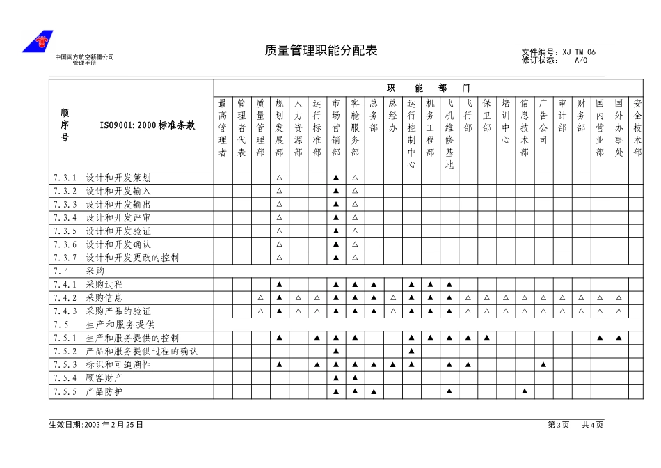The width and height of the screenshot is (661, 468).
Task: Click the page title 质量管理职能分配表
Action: click(321, 51)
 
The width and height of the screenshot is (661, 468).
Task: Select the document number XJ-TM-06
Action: click(579, 52)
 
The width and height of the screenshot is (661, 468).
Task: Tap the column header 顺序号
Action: click(65, 125)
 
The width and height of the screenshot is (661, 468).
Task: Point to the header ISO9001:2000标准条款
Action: click(147, 125)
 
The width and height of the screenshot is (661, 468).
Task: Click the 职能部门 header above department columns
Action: click(429, 88)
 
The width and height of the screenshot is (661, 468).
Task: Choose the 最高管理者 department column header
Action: click(223, 128)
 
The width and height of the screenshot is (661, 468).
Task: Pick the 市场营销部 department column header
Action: click(335, 128)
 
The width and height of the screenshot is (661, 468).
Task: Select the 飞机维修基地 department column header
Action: click(449, 134)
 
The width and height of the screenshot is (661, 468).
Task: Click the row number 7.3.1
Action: click(64, 178)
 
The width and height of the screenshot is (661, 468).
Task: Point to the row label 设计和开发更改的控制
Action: click(132, 258)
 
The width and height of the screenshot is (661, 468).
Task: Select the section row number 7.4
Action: click(61, 271)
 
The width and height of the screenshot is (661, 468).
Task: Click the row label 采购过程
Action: click(104, 285)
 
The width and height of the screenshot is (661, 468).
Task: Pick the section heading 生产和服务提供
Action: click(120, 325)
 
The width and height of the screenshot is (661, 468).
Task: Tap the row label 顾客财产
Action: click(104, 378)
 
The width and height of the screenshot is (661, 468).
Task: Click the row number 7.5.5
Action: click(64, 392)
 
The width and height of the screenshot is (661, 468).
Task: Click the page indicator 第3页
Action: click(558, 425)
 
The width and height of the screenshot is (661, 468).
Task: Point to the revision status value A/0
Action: click(581, 60)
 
